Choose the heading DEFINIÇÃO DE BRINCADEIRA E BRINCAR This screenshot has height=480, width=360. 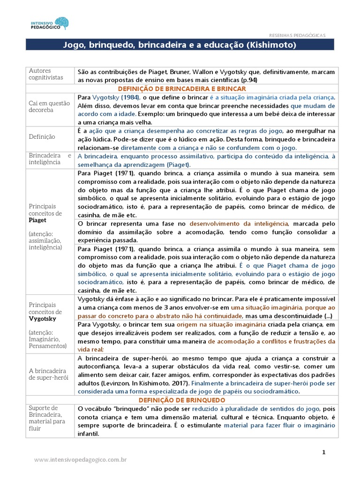pos(182,89)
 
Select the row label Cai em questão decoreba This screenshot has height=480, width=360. pos(49,106)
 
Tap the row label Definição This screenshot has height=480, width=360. pos(42,136)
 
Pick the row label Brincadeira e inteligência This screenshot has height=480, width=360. pos(50,158)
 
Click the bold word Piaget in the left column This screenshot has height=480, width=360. pos(37,220)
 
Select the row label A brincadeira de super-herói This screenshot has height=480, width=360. pos(49,374)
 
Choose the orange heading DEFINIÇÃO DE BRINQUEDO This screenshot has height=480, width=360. pos(182,400)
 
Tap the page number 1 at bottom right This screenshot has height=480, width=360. pos(323,452)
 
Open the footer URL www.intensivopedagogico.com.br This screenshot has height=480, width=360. pos(81,461)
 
